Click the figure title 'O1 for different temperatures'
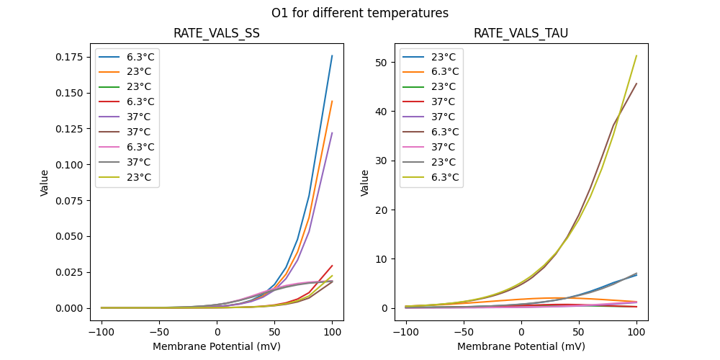[x=360, y=13]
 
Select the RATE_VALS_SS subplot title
[x=217, y=34]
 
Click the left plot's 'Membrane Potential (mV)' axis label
[x=217, y=346]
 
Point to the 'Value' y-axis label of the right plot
[x=365, y=183]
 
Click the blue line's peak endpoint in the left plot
[x=332, y=55]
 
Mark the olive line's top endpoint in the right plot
[x=636, y=55]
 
